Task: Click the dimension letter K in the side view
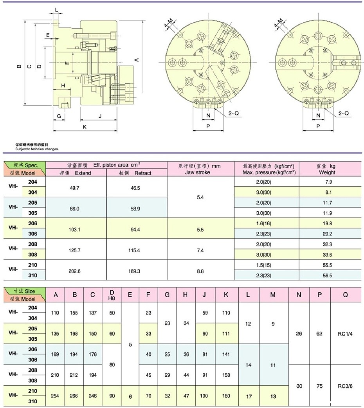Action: pyautogui.click(x=85, y=127)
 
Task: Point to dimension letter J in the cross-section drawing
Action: pyautogui.click(x=100, y=116)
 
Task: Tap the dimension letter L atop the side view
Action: pyautogui.click(x=56, y=9)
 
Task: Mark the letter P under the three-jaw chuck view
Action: pyautogui.click(x=208, y=126)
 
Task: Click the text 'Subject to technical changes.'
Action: pyautogui.click(x=37, y=149)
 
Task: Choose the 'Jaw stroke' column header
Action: pyautogui.click(x=200, y=173)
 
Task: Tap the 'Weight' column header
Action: pyautogui.click(x=327, y=173)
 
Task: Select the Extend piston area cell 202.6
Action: pyautogui.click(x=74, y=271)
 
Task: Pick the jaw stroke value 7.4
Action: pyautogui.click(x=200, y=250)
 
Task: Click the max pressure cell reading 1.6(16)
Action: pyautogui.click(x=266, y=223)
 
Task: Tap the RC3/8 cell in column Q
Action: pyautogui.click(x=345, y=386)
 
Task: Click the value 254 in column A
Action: pyautogui.click(x=56, y=396)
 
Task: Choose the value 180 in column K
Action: pyautogui.click(x=226, y=396)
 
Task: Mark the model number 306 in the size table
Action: pyautogui.click(x=33, y=359)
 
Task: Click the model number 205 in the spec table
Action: pyautogui.click(x=33, y=203)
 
